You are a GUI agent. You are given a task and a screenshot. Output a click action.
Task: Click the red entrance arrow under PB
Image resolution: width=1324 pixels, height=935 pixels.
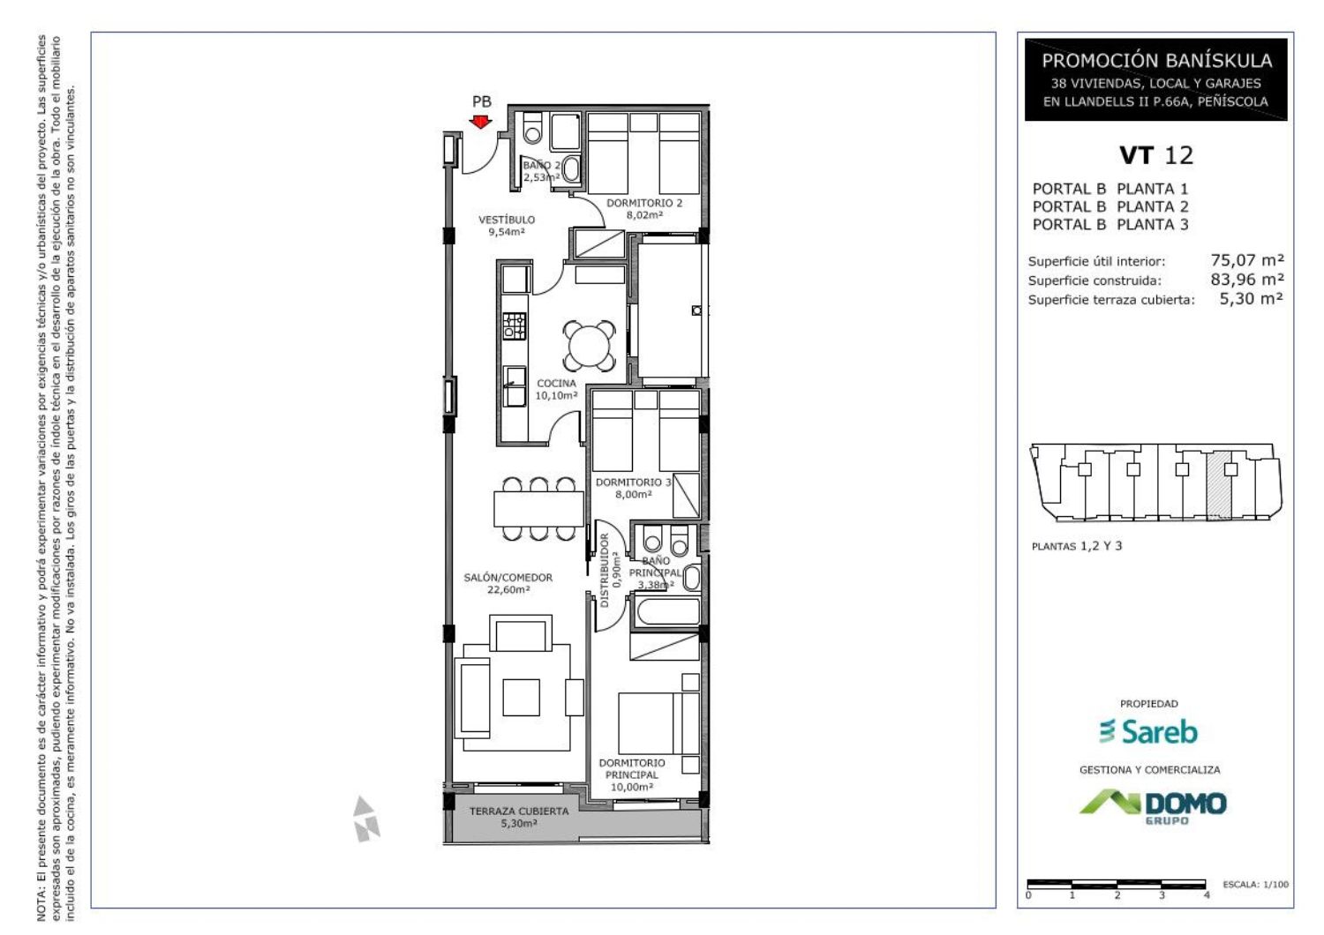pos(480,123)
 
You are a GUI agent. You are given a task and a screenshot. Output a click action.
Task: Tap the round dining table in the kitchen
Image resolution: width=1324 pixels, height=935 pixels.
pos(589,346)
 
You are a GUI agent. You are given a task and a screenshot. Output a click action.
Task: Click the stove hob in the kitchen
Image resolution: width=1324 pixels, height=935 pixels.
pos(514,326)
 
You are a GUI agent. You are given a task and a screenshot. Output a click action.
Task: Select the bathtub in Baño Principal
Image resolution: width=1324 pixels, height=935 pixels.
pos(668,611)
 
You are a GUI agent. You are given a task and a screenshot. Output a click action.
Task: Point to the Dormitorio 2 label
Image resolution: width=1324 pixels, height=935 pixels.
pos(644,203)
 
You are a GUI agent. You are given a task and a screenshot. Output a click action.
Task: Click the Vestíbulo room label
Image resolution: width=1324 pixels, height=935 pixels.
pos(507,220)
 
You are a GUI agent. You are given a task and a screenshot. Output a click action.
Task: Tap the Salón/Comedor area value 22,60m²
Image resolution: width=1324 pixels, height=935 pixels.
pos(508,589)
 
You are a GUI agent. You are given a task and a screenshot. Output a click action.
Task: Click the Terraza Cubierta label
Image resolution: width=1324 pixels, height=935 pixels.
pos(519,812)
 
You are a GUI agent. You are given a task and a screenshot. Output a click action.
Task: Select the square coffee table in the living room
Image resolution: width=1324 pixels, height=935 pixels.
pos(521,698)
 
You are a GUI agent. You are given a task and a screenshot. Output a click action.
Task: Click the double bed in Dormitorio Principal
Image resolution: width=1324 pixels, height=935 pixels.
pos(658,723)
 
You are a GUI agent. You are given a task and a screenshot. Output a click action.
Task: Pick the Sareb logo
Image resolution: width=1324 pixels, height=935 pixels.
pos(1148,732)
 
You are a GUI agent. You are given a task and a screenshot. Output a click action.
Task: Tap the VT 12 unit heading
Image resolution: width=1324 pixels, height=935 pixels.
pos(1156,155)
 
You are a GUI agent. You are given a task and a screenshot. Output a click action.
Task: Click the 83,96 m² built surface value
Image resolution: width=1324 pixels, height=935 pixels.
pos(1247,280)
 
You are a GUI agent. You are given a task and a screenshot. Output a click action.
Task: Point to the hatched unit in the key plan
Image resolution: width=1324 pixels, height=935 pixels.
pos(1218,485)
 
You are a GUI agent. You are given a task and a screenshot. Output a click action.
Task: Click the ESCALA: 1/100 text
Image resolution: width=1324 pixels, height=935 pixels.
pos(1255,884)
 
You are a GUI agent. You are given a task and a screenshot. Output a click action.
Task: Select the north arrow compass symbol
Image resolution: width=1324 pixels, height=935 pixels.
pos(366,819)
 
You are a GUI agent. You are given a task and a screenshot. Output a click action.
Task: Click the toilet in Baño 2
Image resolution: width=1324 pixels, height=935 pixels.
pos(532,128)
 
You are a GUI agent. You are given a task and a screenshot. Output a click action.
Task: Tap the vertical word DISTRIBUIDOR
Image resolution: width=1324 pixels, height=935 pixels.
pos(604,571)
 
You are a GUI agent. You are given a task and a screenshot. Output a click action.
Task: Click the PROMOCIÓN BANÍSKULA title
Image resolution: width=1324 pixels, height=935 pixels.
pos(1156,60)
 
